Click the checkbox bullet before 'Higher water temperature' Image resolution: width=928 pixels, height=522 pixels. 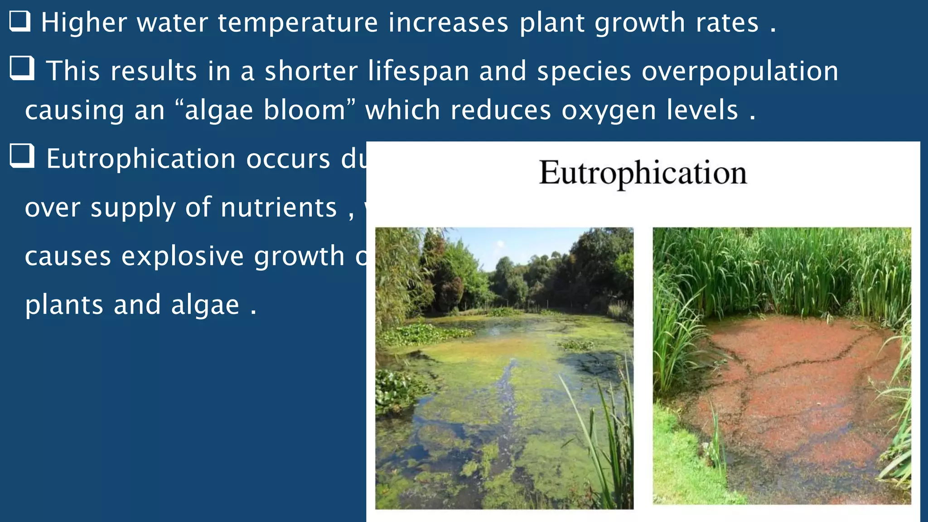coord(20,22)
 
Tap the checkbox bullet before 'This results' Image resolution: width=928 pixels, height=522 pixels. coord(22,68)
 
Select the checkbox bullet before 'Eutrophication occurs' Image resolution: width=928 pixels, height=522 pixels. coord(22,156)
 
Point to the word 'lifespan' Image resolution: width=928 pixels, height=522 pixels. coord(418,71)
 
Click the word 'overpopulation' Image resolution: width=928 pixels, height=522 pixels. coord(739,71)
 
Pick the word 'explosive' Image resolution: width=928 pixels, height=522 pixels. coord(183,256)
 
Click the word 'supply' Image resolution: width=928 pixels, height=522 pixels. coord(132,208)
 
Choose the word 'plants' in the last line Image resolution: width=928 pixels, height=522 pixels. coord(64,305)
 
